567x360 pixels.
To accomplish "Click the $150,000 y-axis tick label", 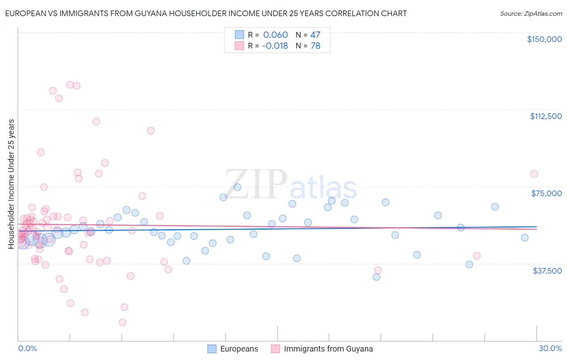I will pos(544,39).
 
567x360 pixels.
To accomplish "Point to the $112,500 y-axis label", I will pos(546,116).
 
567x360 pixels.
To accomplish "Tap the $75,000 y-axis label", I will pos(546,193).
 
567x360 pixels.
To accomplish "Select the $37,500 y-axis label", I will pos(547,270).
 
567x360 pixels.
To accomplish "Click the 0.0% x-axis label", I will pos(27,348).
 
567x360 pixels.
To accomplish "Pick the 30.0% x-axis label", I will pos(550,348).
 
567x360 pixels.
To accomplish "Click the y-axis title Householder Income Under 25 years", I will pos(11,184).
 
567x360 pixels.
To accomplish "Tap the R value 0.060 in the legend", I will pos(275,35).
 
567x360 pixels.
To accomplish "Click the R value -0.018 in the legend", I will pos(275,46).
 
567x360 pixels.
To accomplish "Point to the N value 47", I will pos(315,35).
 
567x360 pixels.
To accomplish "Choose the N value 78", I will pos(315,46).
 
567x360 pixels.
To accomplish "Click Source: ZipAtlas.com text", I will pos(531,13).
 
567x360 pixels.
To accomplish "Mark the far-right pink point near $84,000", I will pos(534,174).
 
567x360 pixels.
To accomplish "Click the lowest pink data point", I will pos(122,322).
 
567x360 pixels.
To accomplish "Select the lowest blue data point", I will pos(376,277).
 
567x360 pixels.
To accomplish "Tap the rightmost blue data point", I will pos(525,238).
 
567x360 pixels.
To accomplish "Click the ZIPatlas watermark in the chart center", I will pos(291,184).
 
